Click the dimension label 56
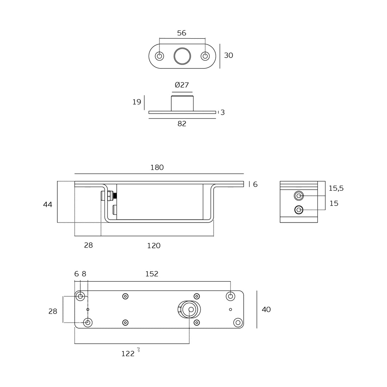pyautogui.click(x=182, y=33)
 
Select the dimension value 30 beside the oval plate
pyautogui.click(x=228, y=56)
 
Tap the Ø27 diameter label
pyautogui.click(x=182, y=85)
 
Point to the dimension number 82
pyautogui.click(x=182, y=124)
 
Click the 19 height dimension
pyautogui.click(x=137, y=102)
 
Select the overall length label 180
pyautogui.click(x=157, y=168)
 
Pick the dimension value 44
pyautogui.click(x=48, y=205)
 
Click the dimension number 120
pyautogui.click(x=154, y=246)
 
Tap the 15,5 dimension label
pyautogui.click(x=336, y=188)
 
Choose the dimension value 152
pyautogui.click(x=152, y=274)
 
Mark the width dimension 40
pyautogui.click(x=266, y=310)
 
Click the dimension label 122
pyautogui.click(x=128, y=354)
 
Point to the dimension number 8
pyautogui.click(x=84, y=274)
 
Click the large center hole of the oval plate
pyautogui.click(x=182, y=56)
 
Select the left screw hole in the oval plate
pyautogui.click(x=159, y=56)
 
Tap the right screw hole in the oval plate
pyautogui.click(x=205, y=56)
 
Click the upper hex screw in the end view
pyautogui.click(x=298, y=196)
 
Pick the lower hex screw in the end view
pyautogui.click(x=298, y=210)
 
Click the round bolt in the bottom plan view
pyautogui.click(x=189, y=310)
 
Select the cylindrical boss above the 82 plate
pyautogui.click(x=182, y=104)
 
